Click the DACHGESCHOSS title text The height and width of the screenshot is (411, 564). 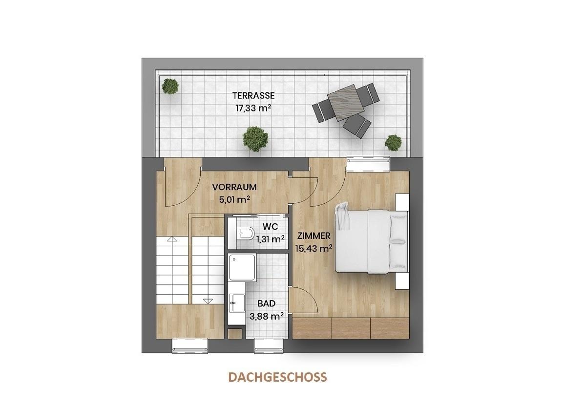(278, 377)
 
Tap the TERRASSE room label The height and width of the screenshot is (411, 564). (253, 96)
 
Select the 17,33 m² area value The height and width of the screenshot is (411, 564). (253, 108)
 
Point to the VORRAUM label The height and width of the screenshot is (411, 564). (234, 187)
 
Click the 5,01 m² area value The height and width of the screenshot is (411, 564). (234, 199)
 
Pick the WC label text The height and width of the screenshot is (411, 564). (270, 227)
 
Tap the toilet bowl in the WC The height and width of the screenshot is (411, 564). (245, 234)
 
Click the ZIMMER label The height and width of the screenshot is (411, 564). (313, 236)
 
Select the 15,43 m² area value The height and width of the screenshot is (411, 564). (313, 248)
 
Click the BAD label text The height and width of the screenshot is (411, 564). (267, 304)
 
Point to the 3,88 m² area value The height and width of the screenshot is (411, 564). (267, 316)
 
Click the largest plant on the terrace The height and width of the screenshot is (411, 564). (255, 139)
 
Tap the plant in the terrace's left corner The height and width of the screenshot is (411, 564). (170, 87)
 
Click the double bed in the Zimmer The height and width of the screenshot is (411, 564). (372, 242)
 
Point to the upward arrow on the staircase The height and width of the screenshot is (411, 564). (172, 239)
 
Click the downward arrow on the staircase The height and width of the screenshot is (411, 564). (208, 301)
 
